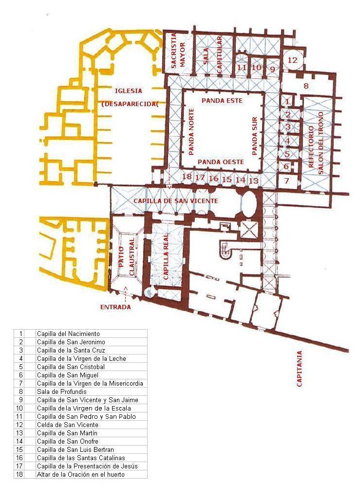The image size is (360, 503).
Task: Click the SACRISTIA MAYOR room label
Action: [178, 51]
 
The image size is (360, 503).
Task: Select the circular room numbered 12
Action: [293, 60]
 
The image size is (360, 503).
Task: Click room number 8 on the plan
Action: [306, 86]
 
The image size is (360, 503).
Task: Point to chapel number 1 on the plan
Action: [287, 101]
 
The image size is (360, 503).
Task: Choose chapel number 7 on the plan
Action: [286, 181]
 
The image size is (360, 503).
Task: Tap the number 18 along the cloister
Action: [187, 176]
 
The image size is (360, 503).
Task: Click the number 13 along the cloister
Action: [253, 180]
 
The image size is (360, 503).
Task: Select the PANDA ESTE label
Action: [222, 100]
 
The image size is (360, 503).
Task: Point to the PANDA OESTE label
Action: [221, 162]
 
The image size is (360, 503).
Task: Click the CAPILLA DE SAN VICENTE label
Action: [176, 201]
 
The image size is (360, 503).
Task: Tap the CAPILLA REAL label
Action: [166, 257]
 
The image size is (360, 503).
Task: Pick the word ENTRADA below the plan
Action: [115, 307]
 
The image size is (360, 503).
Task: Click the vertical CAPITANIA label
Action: [300, 369]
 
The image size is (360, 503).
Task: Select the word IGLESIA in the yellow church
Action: [128, 91]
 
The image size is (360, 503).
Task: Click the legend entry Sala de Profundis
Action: [62, 391]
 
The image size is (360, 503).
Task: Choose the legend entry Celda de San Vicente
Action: [68, 425]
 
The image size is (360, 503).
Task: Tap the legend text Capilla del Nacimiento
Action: [68, 334]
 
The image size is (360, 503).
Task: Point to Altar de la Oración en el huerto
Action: [81, 474]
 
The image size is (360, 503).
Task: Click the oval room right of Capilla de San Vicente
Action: [249, 203]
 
